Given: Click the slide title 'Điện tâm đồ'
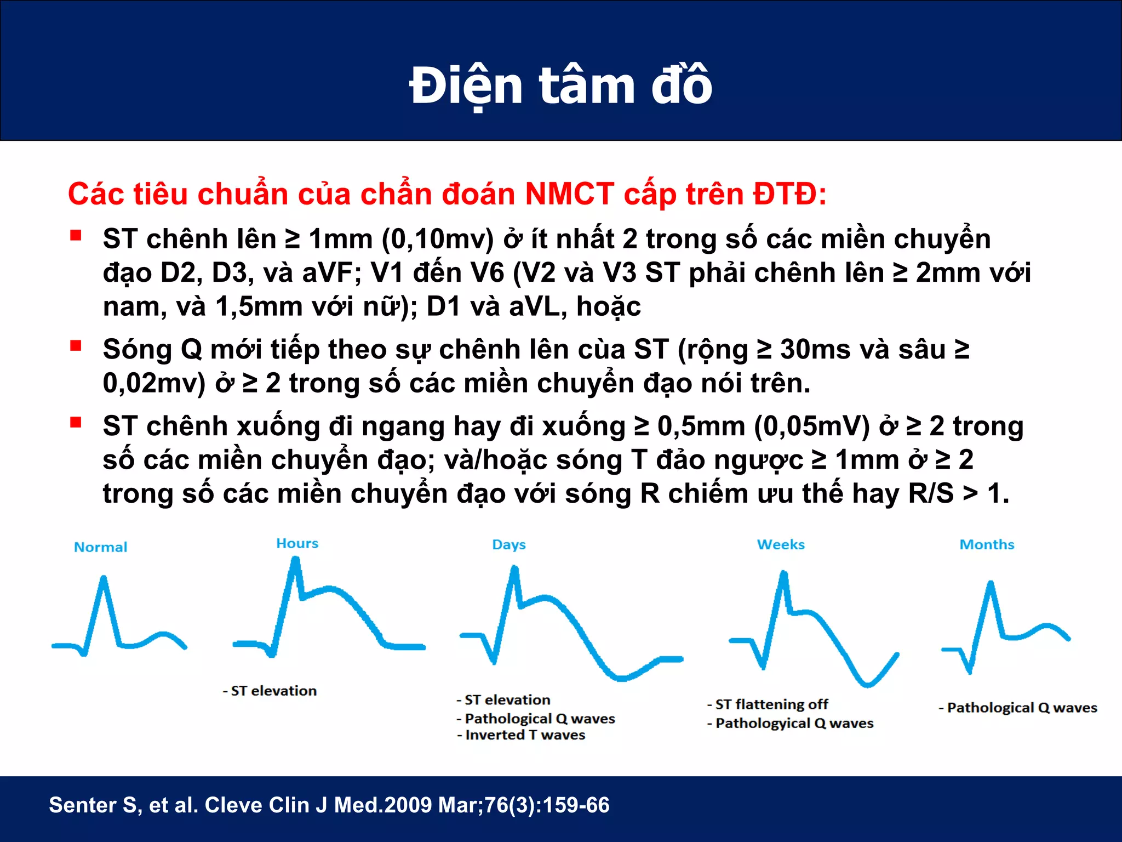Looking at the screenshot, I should pos(560,86).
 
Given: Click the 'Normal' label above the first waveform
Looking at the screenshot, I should pos(100,547).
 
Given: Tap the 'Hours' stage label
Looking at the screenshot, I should pos(297,543).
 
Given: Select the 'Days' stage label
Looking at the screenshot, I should pos(508,544).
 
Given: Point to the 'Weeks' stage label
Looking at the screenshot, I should pos(781,544).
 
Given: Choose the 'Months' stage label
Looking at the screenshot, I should pos(987,544).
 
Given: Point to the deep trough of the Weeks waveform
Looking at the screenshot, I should pos(867,684).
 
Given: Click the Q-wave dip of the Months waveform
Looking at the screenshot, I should pos(969,671).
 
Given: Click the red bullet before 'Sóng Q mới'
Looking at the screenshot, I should pos(76,346).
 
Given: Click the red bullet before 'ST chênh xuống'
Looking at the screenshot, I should pos(76,423).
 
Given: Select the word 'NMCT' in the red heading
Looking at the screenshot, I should pos(569,194).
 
